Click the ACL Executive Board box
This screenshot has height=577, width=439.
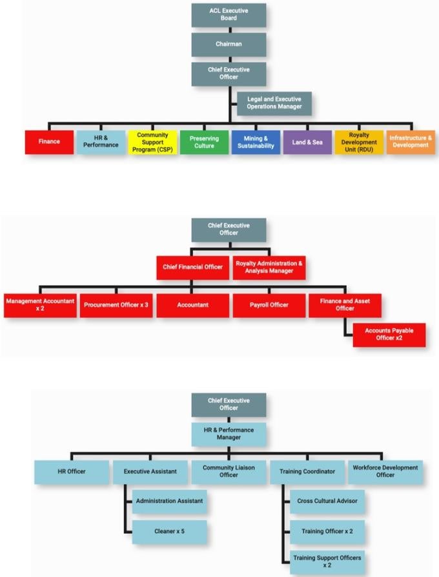click(x=229, y=15)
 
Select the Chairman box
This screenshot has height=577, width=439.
click(x=229, y=44)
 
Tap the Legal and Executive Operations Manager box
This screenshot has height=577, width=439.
click(x=274, y=103)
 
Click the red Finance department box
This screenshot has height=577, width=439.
click(x=49, y=142)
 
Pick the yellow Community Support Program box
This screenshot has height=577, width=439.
click(x=152, y=142)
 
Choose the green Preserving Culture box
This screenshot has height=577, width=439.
click(x=204, y=142)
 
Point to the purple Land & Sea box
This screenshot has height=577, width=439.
click(x=307, y=142)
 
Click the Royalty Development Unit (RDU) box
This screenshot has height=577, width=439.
click(x=359, y=142)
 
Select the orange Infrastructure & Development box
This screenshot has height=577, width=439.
click(x=410, y=142)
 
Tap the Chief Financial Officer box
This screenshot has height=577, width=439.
click(x=192, y=267)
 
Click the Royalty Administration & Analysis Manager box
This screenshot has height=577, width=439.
click(x=269, y=267)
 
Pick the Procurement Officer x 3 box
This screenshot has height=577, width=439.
click(x=116, y=305)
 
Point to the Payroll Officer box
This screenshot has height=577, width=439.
click(x=269, y=305)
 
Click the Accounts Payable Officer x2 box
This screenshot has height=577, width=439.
click(x=389, y=335)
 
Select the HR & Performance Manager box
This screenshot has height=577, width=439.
click(x=229, y=434)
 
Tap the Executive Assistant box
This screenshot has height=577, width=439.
click(x=150, y=472)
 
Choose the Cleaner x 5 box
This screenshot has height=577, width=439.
click(x=170, y=532)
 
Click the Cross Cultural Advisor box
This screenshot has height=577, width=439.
click(x=327, y=501)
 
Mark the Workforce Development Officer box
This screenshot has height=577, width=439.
click(x=385, y=472)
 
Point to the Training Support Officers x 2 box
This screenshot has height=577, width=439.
click(x=327, y=562)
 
